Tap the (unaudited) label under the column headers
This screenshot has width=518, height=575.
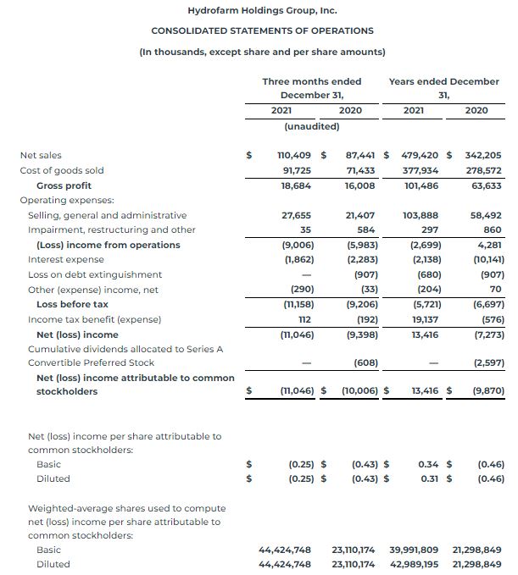[x=311, y=126]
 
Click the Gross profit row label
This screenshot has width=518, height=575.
[x=64, y=185]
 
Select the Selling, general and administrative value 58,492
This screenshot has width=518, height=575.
[x=485, y=215]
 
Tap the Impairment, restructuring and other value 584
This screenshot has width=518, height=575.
[x=366, y=229]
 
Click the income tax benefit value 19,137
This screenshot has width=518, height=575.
[x=424, y=319]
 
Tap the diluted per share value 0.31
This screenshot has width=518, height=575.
[x=427, y=478]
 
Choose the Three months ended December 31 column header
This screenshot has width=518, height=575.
[x=311, y=88]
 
